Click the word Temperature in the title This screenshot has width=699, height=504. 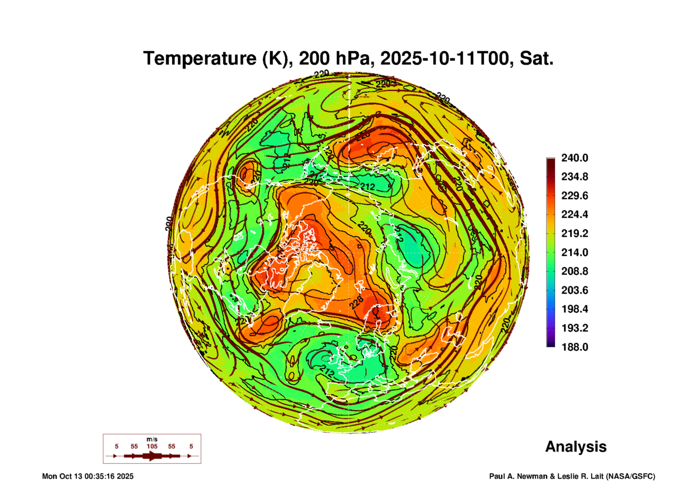point(200,58)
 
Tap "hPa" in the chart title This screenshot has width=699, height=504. point(355,58)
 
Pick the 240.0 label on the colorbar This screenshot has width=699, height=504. point(575,158)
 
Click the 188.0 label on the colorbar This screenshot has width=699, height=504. point(575,347)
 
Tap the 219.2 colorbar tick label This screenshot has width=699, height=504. point(575,233)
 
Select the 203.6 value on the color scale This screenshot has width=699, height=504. point(575,290)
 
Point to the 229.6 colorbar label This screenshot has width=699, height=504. point(575,196)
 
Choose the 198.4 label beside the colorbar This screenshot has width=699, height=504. point(575,309)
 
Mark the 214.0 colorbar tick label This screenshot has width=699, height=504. point(575,252)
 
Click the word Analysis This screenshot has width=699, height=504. point(576,447)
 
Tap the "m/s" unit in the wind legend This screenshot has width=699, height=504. point(152,439)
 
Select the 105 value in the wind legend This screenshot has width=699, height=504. point(152,446)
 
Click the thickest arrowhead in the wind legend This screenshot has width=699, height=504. point(152,456)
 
